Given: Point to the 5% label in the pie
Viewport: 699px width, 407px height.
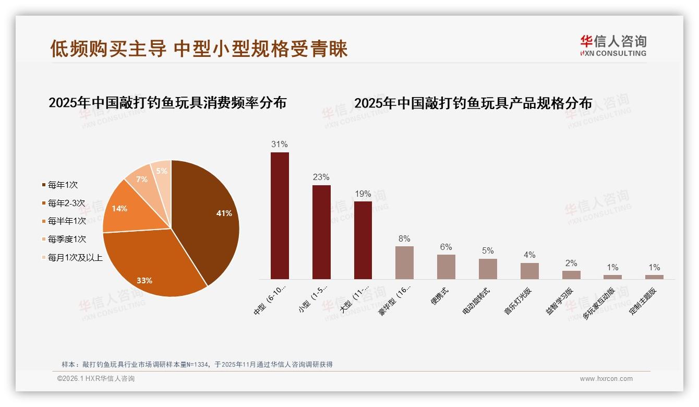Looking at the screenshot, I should coord(162,171).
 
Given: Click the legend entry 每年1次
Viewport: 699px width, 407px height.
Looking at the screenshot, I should coord(63,185).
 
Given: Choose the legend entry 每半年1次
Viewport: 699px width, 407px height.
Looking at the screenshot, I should coord(67,221).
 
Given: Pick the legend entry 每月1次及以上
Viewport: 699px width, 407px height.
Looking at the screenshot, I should coord(75,258).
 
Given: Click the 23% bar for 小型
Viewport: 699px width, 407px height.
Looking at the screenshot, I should coord(321,232).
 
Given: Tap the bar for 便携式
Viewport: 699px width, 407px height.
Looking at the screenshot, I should coord(446,267).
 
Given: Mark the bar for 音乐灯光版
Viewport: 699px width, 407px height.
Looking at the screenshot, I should coord(529,271).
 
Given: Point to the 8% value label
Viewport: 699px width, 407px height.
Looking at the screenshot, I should coord(404,238).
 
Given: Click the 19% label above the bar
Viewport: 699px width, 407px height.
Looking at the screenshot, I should coord(363,194).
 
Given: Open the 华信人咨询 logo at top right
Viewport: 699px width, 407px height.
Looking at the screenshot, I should coord(613,45).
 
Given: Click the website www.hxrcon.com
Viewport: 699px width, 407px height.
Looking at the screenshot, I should coord(606,379).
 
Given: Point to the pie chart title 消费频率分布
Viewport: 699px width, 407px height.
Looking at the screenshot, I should coord(167,102).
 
